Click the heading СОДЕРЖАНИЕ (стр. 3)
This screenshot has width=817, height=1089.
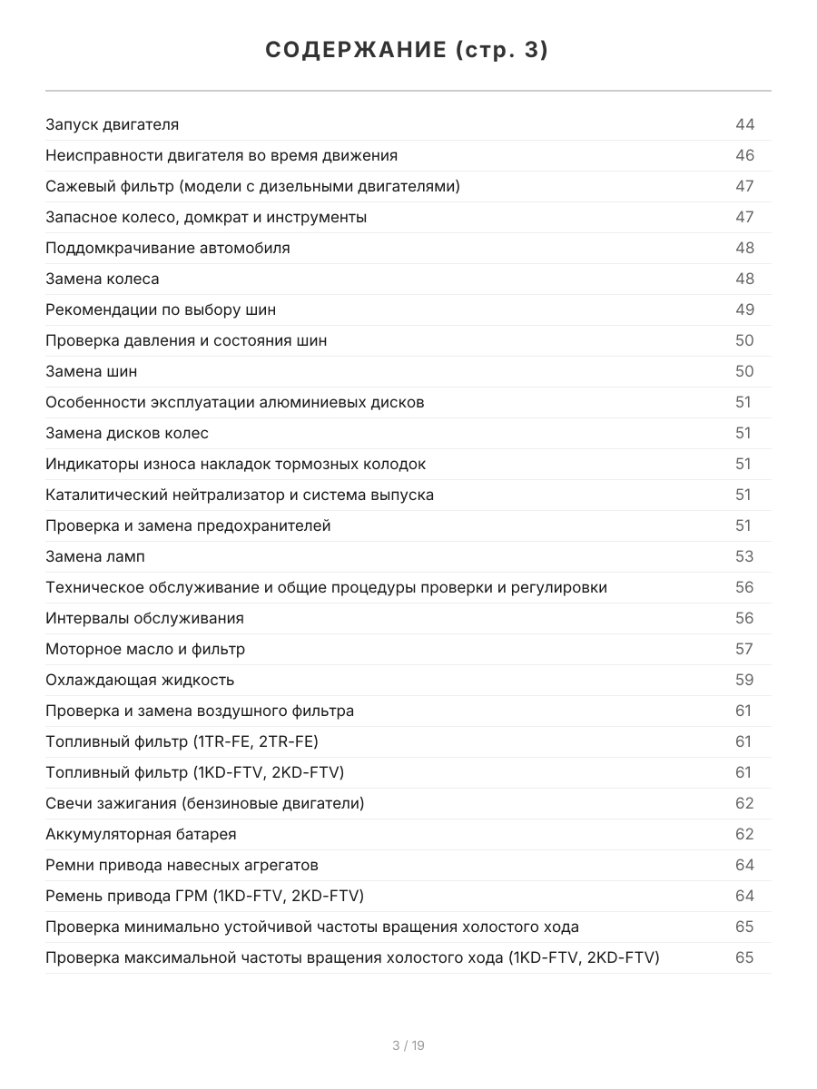[408, 51]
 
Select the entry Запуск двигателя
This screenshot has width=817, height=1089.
[112, 125]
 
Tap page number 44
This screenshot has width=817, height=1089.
[744, 125]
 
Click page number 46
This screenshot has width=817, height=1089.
[744, 156]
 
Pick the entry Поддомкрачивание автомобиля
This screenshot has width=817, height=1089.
[168, 249]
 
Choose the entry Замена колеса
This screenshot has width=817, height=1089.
[102, 280]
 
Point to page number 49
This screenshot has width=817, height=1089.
[744, 310]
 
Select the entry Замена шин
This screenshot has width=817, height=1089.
[91, 372]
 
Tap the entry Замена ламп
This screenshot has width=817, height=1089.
[94, 557]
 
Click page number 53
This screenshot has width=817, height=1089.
[744, 557]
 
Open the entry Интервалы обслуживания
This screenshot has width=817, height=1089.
[144, 619]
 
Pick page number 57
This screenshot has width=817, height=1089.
[744, 650]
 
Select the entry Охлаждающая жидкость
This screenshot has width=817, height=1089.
[140, 681]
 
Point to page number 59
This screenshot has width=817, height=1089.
[744, 681]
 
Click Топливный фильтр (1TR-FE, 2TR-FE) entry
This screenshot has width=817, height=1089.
[182, 742]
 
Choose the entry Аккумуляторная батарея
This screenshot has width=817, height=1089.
[141, 835]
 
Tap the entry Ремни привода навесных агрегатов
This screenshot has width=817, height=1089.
[182, 866]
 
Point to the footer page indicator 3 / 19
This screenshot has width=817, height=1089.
[408, 1045]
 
